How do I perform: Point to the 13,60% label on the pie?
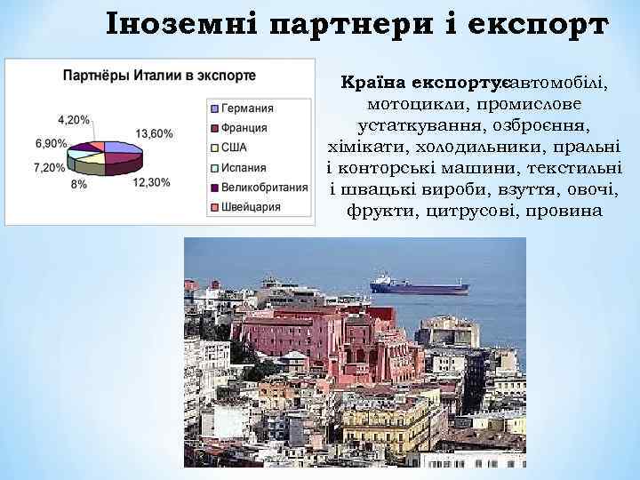[156, 133]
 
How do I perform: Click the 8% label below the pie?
[79, 183]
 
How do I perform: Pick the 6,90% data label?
[51, 143]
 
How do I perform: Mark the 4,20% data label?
[73, 119]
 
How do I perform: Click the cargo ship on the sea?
[419, 285]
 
